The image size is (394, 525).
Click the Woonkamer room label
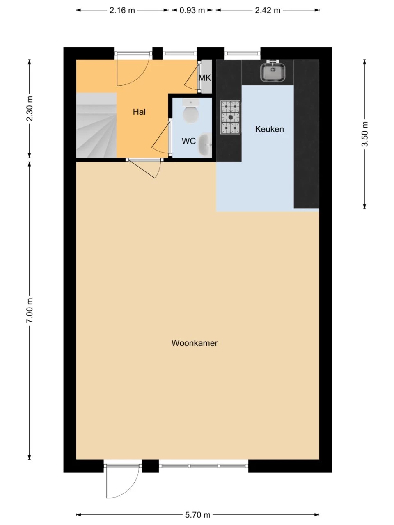tap(195, 343)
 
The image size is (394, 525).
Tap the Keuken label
tap(269, 129)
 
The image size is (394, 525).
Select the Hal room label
tap(139, 112)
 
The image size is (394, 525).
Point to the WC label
tap(188, 141)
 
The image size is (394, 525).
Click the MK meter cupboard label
tap(205, 78)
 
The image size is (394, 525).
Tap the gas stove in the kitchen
tap(230, 117)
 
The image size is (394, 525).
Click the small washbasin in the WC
tap(205, 144)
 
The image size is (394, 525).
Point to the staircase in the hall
tap(96, 125)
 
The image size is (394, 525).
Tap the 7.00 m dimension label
tap(30, 310)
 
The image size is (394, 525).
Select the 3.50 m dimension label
tap(364, 134)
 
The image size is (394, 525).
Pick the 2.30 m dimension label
tap(30, 109)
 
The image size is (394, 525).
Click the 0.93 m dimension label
tap(192, 10)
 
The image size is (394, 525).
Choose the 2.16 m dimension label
tap(122, 10)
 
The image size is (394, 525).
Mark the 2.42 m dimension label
tap(268, 10)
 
